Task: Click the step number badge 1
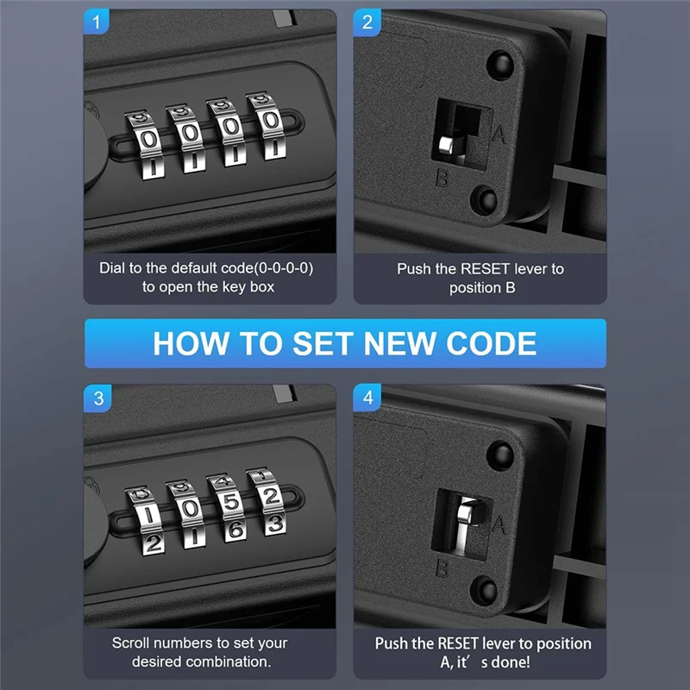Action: tap(96, 22)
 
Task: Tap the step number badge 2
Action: tap(367, 22)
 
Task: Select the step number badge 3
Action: tap(97, 398)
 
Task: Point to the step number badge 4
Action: tap(367, 398)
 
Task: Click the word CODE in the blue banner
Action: tap(491, 343)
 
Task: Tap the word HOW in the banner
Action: tap(191, 343)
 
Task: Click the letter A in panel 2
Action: tap(499, 134)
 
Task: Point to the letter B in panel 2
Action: tap(442, 179)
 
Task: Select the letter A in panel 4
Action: tap(499, 524)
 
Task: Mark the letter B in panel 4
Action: tap(442, 568)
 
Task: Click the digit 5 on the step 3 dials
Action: tap(231, 502)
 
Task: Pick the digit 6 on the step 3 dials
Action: tap(235, 530)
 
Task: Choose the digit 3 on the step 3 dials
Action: tap(275, 524)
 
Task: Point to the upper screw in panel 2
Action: tap(500, 64)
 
